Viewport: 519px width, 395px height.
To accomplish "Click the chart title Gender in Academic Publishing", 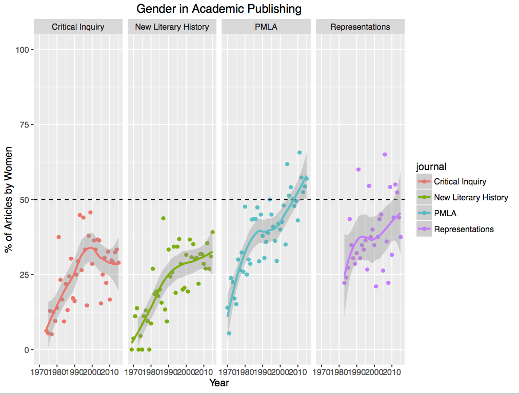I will click(219, 9).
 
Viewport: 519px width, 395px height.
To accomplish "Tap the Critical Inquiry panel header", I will click(78, 27).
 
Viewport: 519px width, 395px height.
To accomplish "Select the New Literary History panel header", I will click(172, 27).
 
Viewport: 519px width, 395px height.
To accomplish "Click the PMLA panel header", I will click(266, 27).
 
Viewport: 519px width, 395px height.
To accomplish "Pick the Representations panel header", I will click(360, 27).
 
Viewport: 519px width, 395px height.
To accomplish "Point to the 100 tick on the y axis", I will click(24, 50).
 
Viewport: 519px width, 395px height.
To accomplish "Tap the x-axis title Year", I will click(219, 383).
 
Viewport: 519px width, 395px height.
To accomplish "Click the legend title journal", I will click(431, 167).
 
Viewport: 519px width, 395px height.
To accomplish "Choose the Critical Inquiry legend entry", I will click(460, 181).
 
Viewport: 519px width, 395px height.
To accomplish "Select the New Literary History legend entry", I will click(471, 197).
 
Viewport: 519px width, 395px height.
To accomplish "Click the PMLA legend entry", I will click(445, 213).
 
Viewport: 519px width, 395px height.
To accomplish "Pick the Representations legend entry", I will click(464, 229).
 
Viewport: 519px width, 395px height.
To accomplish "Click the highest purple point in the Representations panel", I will click(385, 155).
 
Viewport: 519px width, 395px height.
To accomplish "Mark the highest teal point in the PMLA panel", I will click(300, 152).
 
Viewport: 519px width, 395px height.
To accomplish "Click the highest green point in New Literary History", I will click(163, 218).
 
